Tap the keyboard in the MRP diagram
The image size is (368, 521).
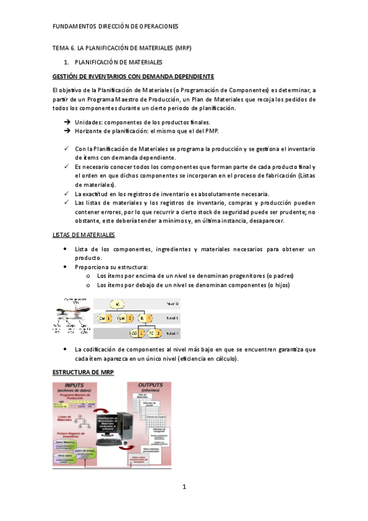(x=109, y=441)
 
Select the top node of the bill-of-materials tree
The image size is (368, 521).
(x=119, y=304)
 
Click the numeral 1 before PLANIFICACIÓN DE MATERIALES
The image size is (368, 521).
(x=66, y=62)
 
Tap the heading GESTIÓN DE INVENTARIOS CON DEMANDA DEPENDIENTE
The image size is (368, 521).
(x=133, y=76)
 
